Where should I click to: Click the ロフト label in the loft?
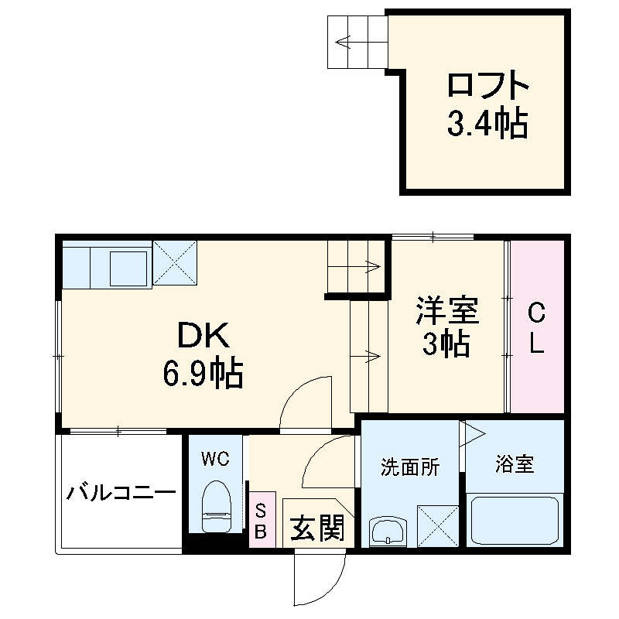tap(487, 84)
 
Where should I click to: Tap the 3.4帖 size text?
tap(487, 123)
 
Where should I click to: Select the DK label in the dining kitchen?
tap(203, 336)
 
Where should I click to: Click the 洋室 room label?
tap(446, 310)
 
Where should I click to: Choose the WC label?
tap(215, 460)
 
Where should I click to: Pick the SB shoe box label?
tap(261, 521)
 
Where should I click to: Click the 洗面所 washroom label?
tap(410, 467)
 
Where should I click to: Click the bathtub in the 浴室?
tap(515, 521)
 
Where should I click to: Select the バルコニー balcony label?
tap(121, 492)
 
